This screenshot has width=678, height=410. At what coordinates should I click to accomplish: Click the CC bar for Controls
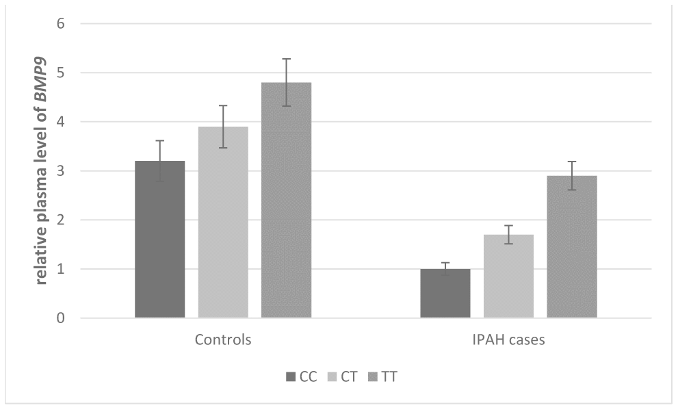(160, 240)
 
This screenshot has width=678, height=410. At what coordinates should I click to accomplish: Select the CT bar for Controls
(223, 222)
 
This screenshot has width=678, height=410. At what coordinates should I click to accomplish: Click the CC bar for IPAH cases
(445, 294)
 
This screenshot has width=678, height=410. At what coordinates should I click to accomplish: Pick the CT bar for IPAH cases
(508, 277)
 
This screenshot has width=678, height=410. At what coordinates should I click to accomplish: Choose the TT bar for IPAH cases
(572, 247)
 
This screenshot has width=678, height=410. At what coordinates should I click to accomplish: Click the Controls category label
(223, 340)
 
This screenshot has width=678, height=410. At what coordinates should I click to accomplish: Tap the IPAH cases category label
(508, 340)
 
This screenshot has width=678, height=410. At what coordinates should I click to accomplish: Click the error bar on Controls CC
(160, 161)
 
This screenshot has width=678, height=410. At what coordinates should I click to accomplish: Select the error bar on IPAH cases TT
(572, 175)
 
